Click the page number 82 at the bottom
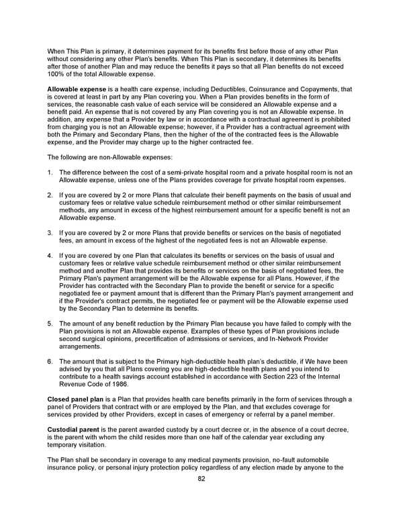(x=201, y=479)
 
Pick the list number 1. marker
(x=50, y=173)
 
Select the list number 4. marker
(x=50, y=256)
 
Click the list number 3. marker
(x=50, y=232)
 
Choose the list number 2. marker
(x=50, y=195)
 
